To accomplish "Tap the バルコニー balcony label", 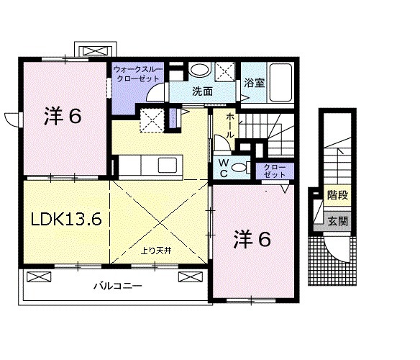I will point(117,287).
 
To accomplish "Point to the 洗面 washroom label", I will point(202,91).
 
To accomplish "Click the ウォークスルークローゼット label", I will point(137,73).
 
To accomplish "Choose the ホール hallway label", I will point(229,125).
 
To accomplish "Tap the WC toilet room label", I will point(223,168).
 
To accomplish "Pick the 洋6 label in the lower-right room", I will point(252,240).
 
